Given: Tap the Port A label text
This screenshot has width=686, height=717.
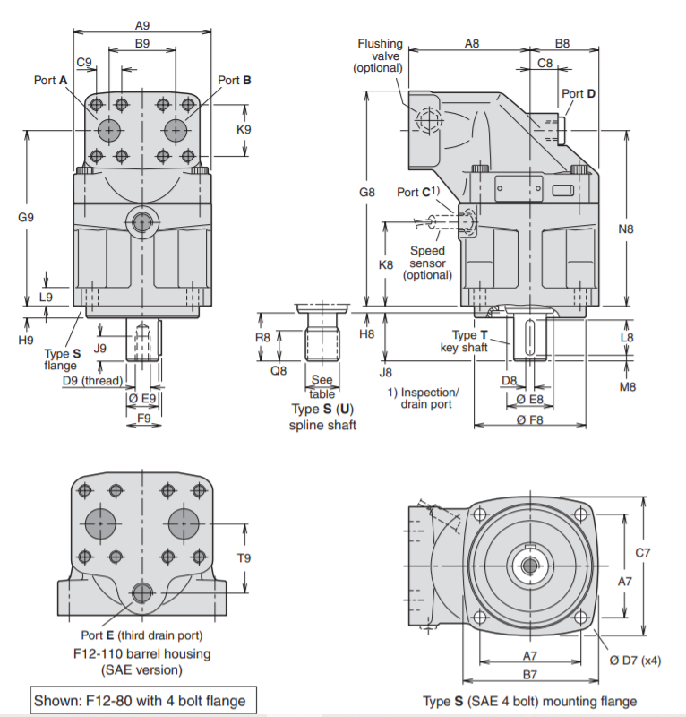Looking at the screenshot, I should pyautogui.click(x=51, y=81).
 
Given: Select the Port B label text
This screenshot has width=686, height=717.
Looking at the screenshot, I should pyautogui.click(x=235, y=81).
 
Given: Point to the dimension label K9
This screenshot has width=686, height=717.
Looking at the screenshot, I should pyautogui.click(x=244, y=129).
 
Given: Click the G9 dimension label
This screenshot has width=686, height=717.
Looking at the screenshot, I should pyautogui.click(x=26, y=217).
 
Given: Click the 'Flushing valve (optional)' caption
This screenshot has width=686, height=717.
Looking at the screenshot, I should pyautogui.click(x=380, y=56).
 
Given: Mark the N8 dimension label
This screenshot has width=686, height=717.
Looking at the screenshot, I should pyautogui.click(x=625, y=229).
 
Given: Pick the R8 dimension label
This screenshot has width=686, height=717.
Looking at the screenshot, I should pyautogui.click(x=262, y=338).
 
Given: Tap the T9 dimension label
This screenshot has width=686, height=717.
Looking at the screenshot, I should pyautogui.click(x=244, y=557).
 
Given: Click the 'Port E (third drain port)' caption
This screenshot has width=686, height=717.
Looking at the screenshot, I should pyautogui.click(x=140, y=635).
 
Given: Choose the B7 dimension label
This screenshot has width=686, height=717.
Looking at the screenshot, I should pyautogui.click(x=530, y=673).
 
